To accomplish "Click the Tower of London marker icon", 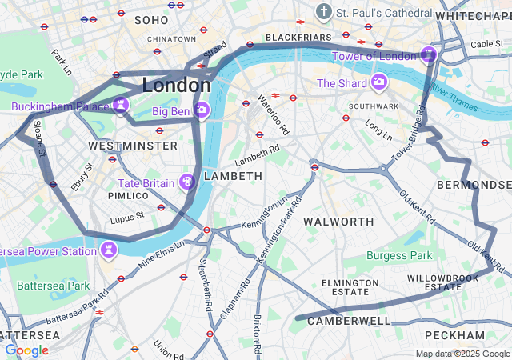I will (429, 54).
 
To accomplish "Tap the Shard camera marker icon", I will (378, 82).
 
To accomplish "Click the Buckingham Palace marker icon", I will (121, 105).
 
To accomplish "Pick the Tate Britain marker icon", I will (187, 182).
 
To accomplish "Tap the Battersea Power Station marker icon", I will (108, 251).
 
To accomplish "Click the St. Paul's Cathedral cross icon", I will (323, 12).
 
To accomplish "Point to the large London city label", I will (176, 85).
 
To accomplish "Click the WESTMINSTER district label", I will (133, 146).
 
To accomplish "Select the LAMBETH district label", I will (233, 175).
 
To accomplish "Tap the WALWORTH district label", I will (339, 221).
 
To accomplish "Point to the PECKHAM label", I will (454, 334).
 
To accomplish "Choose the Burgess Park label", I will (399, 256).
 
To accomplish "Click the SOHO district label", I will (151, 19).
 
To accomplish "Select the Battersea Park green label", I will (53, 286).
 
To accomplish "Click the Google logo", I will (26, 350).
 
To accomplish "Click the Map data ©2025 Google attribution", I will (462, 354).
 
